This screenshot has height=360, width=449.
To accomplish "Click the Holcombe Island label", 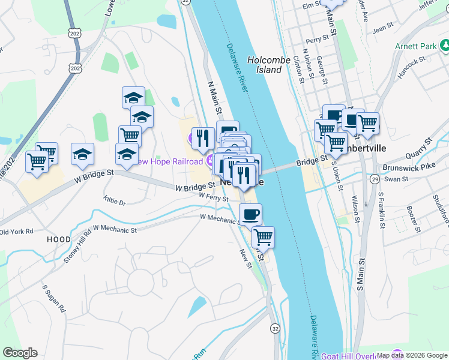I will (265, 65).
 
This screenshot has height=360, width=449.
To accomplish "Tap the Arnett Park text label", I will (415, 46).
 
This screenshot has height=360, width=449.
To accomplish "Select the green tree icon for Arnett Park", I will (444, 45).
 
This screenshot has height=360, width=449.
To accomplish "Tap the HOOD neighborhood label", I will (59, 239).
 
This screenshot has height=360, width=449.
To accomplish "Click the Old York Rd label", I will (16, 231).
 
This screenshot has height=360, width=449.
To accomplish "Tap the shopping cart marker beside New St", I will (263, 237).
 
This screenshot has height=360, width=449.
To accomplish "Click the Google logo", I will (20, 353).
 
